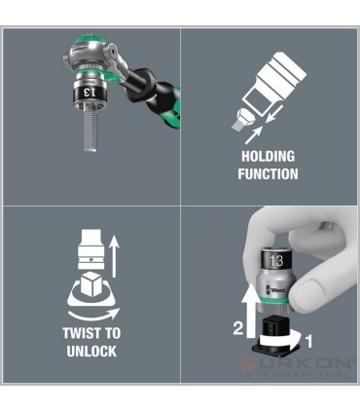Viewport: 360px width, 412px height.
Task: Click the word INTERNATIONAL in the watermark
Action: coord(303,398)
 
